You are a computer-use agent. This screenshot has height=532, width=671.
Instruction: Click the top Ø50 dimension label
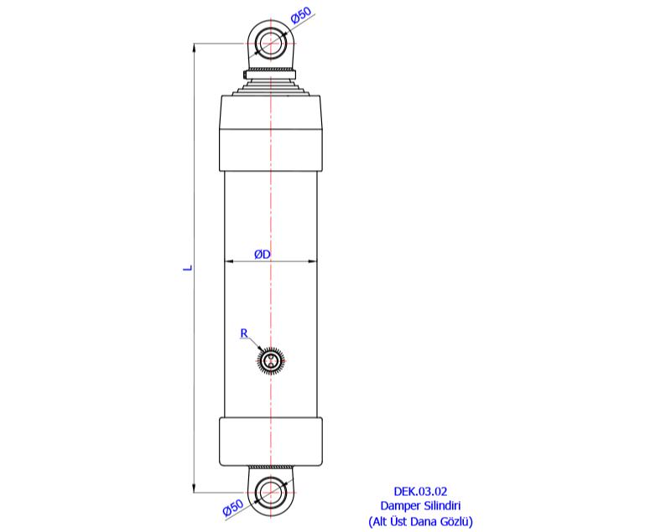point(302,16)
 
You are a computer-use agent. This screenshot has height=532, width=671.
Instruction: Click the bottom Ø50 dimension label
point(233,508)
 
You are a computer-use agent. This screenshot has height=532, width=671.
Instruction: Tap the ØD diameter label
point(262,254)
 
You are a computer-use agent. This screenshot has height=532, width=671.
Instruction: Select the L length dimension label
point(189,268)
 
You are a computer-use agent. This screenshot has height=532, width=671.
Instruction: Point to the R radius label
point(244,333)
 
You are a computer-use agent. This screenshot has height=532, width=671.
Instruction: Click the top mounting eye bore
point(271,43)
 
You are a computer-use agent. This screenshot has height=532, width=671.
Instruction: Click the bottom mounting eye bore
point(271,492)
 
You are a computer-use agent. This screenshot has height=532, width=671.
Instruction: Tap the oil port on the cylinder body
point(271,360)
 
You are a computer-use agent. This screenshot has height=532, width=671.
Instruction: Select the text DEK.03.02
point(421,492)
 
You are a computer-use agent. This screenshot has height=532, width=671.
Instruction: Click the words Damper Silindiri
point(421,506)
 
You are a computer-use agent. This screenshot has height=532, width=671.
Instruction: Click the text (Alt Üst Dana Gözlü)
point(421,521)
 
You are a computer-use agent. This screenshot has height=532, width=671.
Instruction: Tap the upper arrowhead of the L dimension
point(195,48)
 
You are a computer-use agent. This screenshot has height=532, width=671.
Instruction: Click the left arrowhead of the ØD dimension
point(228,262)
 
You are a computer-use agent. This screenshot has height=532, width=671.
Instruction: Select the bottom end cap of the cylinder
point(271,441)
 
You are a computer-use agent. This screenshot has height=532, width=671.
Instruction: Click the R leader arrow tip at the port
point(263,352)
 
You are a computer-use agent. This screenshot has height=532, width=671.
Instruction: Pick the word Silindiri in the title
point(441,506)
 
